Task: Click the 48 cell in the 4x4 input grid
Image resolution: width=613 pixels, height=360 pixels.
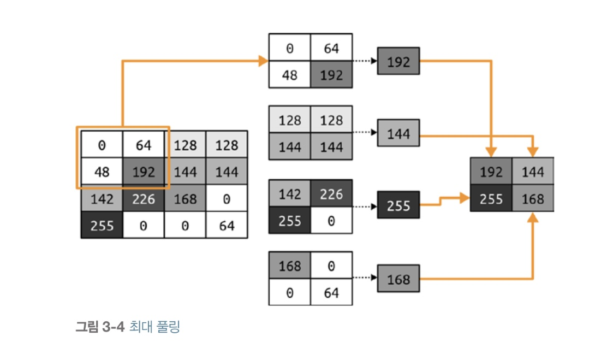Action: (x=102, y=173)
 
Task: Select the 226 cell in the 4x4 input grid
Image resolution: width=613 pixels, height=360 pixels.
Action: (x=144, y=199)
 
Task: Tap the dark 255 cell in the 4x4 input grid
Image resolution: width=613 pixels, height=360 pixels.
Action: (x=102, y=225)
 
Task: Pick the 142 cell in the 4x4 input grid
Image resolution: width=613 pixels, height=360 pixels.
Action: (x=102, y=199)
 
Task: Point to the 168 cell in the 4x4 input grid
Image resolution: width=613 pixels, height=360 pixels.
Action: (x=185, y=199)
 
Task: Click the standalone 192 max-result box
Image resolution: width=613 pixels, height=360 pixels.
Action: (x=398, y=62)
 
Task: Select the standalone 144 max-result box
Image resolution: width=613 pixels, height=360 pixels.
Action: (x=398, y=133)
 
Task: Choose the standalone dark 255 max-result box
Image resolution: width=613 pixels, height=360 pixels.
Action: (x=398, y=206)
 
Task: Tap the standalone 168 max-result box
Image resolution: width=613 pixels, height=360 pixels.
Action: (x=398, y=280)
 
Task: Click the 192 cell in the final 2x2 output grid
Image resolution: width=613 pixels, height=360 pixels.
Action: (x=491, y=172)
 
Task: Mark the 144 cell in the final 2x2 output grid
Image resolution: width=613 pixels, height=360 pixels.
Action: (x=533, y=172)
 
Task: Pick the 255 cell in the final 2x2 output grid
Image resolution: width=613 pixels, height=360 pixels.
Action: (x=491, y=199)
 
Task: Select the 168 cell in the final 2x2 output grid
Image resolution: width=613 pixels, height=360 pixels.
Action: (x=533, y=199)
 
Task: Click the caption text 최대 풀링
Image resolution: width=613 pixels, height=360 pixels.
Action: (x=155, y=327)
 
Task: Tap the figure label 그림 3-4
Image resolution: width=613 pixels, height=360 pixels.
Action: (x=101, y=327)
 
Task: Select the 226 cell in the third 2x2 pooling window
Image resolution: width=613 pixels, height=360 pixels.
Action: (x=331, y=193)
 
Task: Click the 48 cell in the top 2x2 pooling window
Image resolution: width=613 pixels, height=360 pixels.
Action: (x=290, y=74)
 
